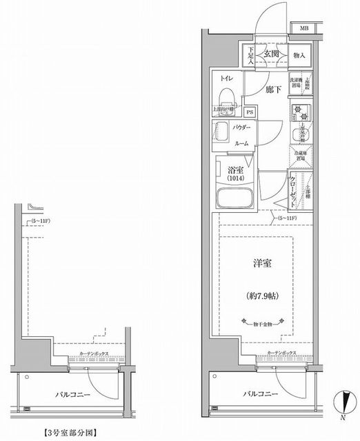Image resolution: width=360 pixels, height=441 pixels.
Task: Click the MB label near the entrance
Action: click(x=303, y=28)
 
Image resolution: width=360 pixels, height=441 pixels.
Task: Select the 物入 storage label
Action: click(x=299, y=54)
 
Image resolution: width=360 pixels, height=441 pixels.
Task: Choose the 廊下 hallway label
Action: click(x=273, y=90)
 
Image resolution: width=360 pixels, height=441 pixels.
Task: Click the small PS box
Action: click(x=250, y=112)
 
